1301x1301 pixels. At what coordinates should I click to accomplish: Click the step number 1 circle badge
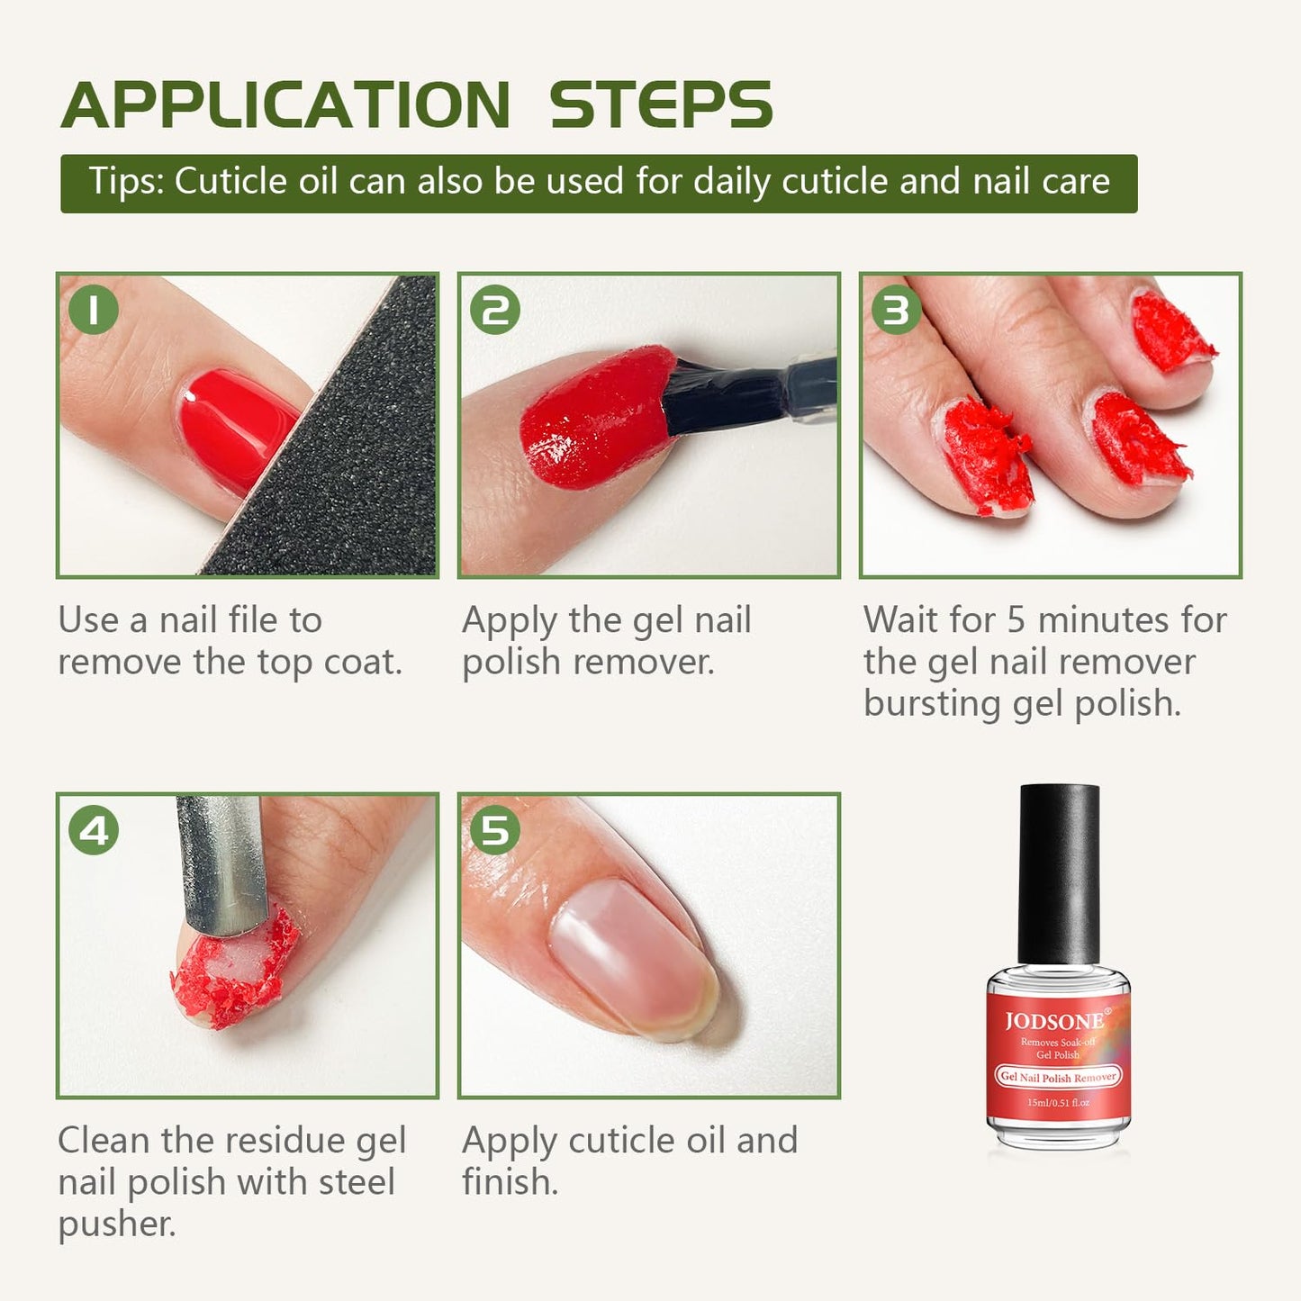point(94,310)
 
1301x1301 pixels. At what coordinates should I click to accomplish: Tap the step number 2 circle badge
point(495,310)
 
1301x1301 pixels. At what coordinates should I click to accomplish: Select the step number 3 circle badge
point(897,310)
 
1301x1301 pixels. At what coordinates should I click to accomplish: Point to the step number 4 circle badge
point(94,830)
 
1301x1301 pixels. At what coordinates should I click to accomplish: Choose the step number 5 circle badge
point(495,830)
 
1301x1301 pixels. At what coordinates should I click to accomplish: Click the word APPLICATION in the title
point(286,105)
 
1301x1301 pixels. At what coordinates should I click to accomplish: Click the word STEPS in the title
point(661,105)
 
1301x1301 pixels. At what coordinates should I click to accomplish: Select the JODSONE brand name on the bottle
point(1054,1021)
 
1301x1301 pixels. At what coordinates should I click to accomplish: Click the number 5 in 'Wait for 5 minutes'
point(1016,620)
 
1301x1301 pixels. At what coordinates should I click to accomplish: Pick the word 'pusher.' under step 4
point(117,1224)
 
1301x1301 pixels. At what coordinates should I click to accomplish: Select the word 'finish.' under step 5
point(510,1182)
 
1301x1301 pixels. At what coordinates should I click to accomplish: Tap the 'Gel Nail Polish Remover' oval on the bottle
point(1058,1077)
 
